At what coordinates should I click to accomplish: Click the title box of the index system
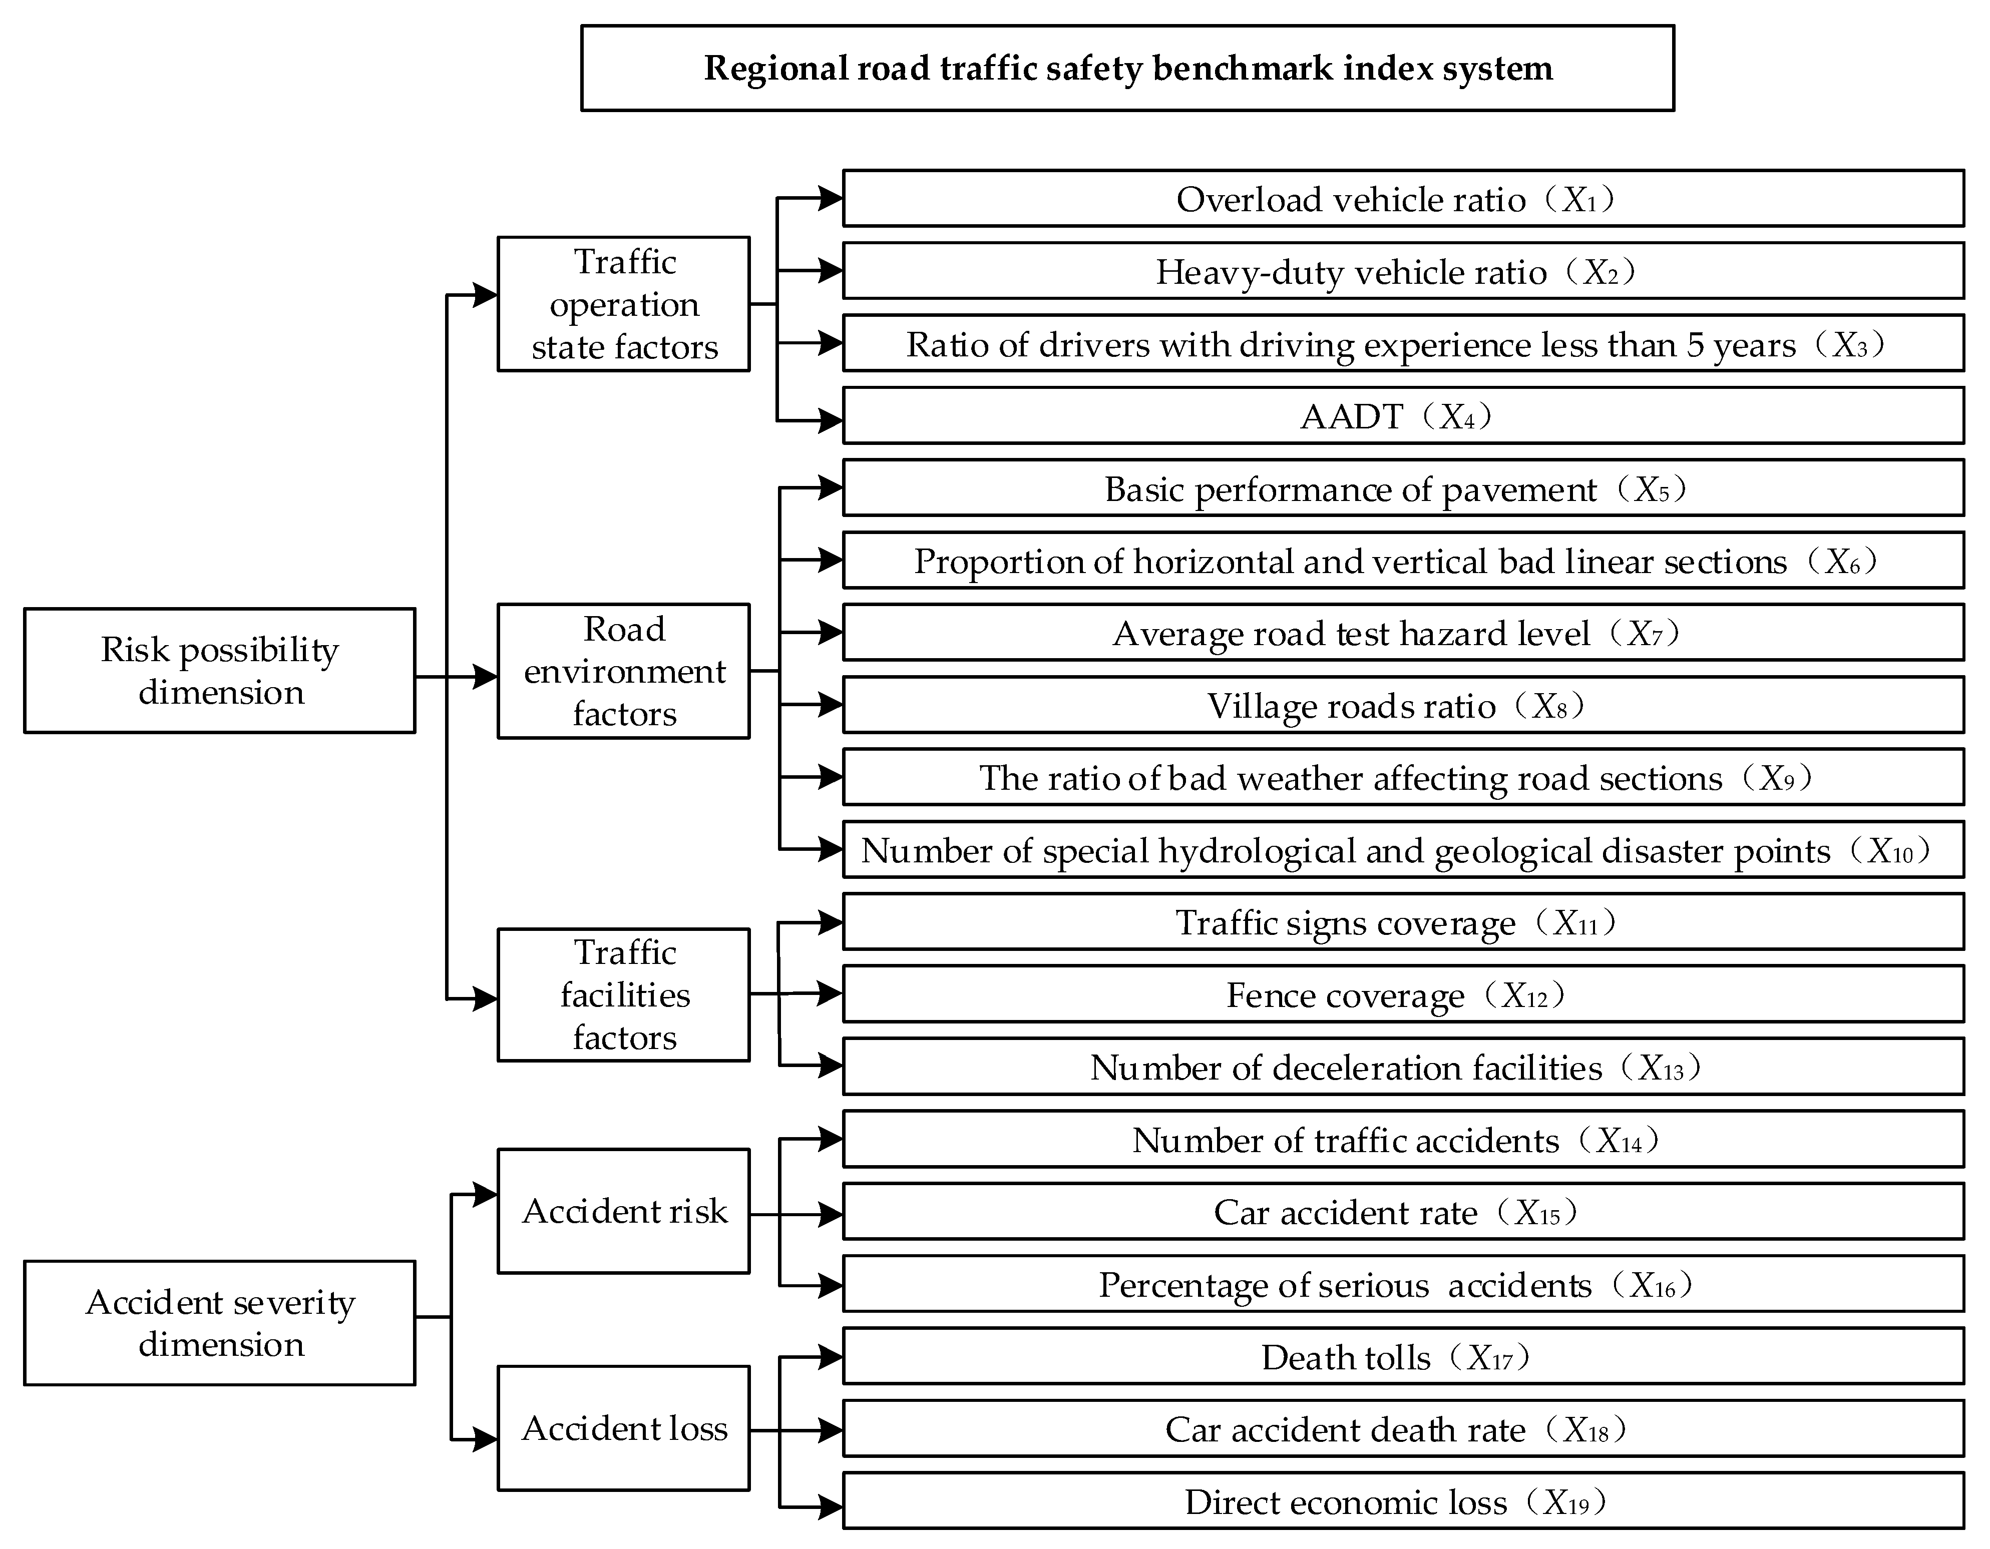coord(1127,69)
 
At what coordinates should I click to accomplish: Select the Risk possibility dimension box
coord(220,671)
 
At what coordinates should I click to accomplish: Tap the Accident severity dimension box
coord(220,1323)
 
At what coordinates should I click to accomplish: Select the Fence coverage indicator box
coord(1403,994)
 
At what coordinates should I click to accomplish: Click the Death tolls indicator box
coord(1403,1357)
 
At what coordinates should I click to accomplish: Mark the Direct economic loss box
coord(1403,1501)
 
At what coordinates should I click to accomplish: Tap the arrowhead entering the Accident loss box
coord(485,1440)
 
